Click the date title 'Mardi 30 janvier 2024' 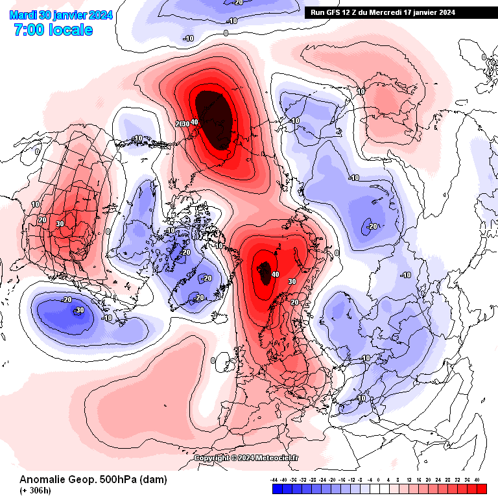coord(62,16)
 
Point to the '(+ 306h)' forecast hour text coord(35,490)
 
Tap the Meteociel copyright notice coord(246,458)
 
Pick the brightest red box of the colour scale coord(480,489)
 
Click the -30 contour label coord(78,310)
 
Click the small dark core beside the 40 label coord(265,272)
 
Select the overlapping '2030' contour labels coord(185,124)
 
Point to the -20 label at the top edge coord(238,3)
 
